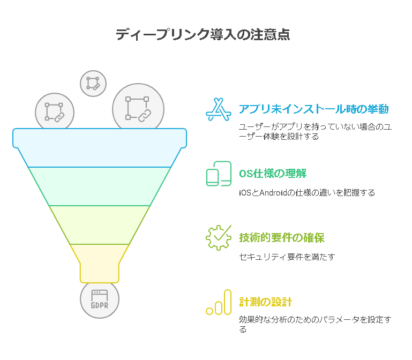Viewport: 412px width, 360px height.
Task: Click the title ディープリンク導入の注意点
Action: coord(203,34)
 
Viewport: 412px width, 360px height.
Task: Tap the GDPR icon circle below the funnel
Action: coord(100,299)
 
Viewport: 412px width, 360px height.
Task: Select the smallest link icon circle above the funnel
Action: coord(93,84)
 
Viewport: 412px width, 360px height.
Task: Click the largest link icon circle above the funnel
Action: coord(138,109)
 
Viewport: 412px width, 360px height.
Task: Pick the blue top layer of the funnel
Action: coord(100,148)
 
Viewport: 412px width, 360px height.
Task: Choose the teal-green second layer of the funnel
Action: coord(100,186)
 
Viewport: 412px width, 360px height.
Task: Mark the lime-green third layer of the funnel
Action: coord(100,225)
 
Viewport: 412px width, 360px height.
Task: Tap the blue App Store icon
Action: coord(219,110)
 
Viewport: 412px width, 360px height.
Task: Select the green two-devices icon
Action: coord(219,174)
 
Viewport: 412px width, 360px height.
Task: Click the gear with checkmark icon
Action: coord(219,237)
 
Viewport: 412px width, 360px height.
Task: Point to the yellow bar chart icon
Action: coord(219,302)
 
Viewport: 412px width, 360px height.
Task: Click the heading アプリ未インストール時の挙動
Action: coord(313,109)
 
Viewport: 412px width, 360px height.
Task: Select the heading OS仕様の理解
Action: coord(273,174)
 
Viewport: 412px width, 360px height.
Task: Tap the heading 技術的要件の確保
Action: coord(282,238)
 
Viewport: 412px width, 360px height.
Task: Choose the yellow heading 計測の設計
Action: coord(265,302)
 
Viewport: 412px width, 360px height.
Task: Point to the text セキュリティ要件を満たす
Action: coord(287,257)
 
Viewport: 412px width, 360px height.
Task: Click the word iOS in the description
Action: coord(245,193)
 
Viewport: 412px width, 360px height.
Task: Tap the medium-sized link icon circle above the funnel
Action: coord(55,112)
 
